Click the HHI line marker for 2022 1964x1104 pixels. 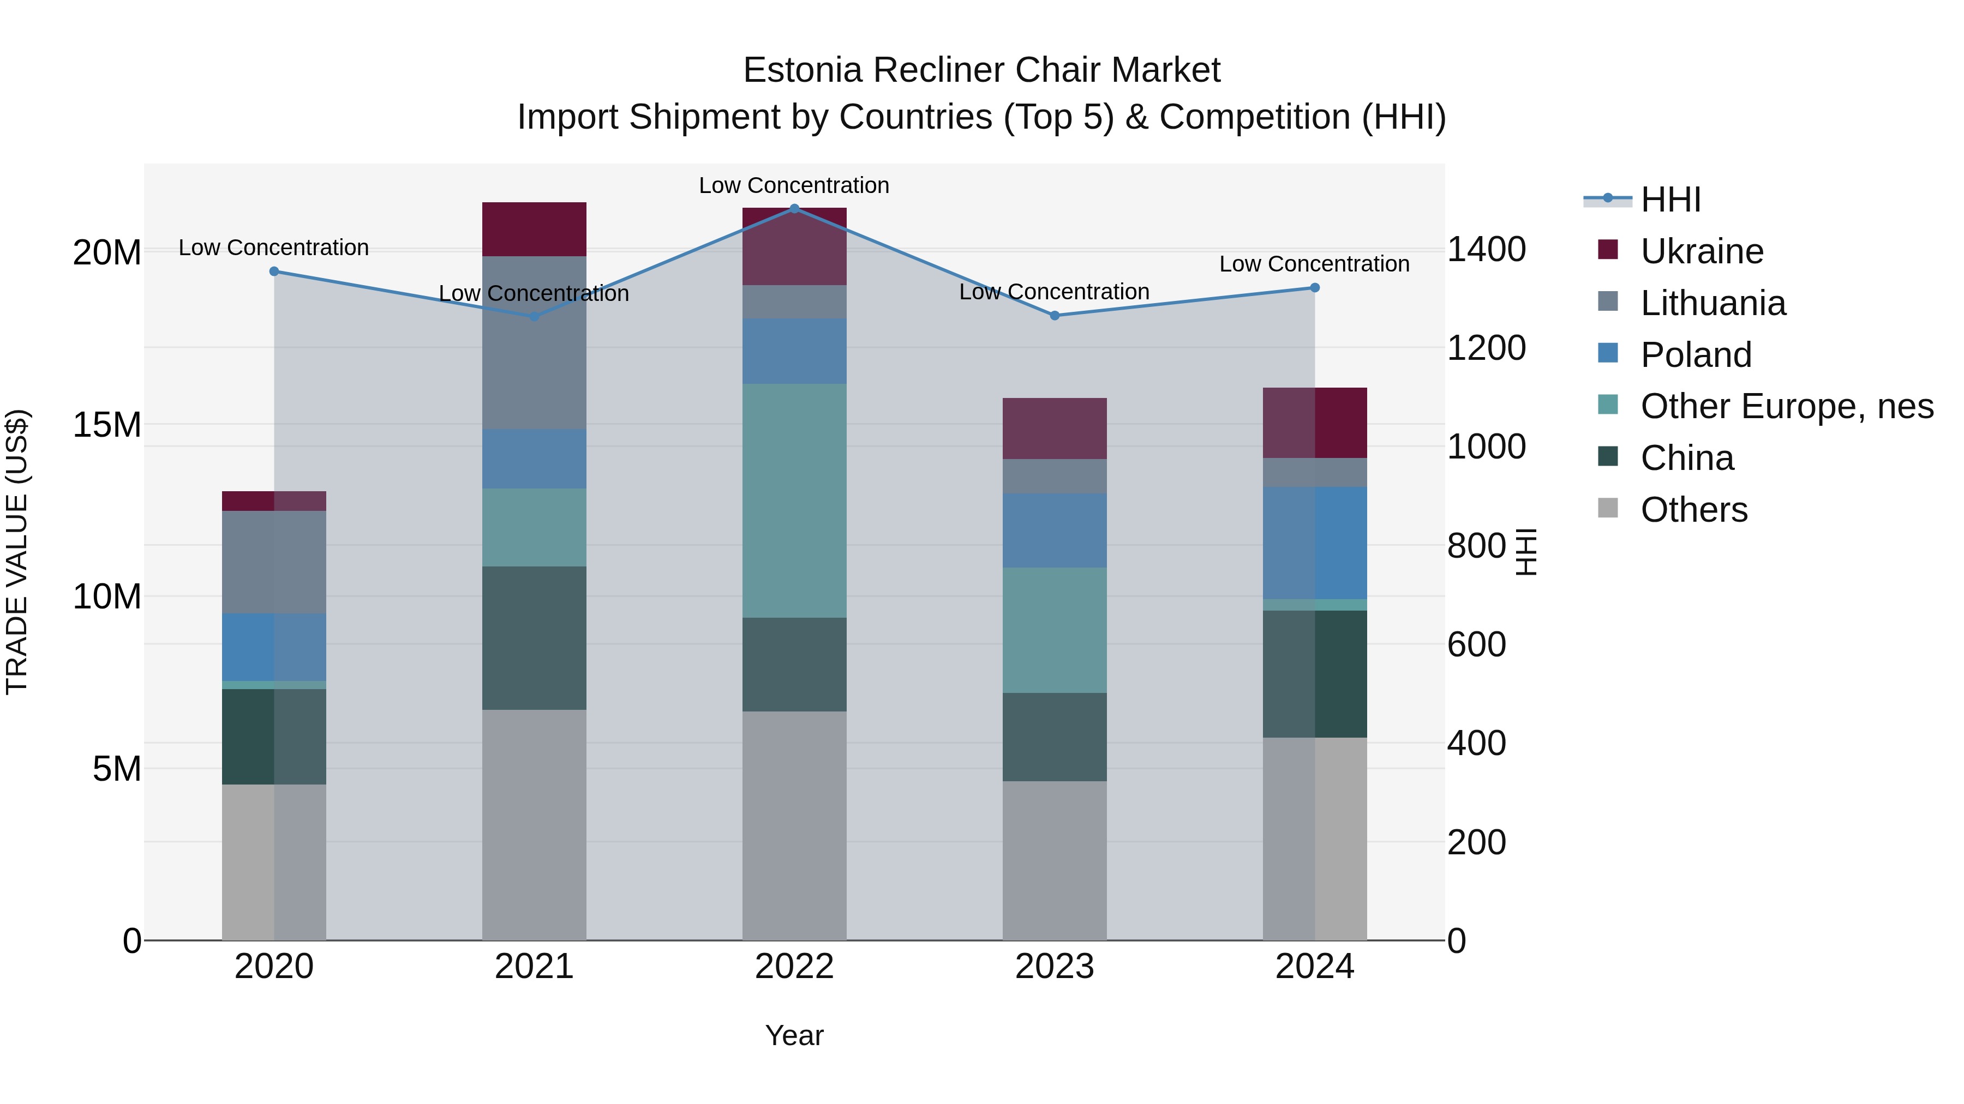[794, 208]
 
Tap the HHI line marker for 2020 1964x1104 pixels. [274, 272]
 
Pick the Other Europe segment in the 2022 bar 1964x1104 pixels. [794, 500]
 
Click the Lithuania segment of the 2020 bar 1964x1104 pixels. [274, 562]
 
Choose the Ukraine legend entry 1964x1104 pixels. [1701, 251]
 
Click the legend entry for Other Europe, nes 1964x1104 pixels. [1786, 406]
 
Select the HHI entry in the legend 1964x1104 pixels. [1670, 200]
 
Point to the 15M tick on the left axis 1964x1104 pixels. [107, 424]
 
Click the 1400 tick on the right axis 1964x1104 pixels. [1486, 249]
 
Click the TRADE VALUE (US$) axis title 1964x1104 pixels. [17, 552]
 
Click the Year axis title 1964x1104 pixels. [794, 1035]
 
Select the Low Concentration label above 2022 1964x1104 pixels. [794, 185]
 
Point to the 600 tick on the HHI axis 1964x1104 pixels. [1476, 644]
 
